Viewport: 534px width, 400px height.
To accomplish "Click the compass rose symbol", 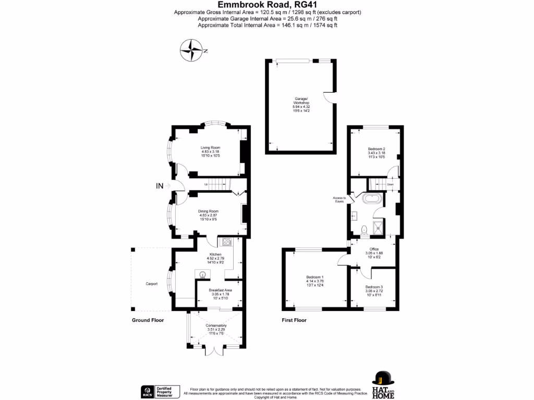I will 192,51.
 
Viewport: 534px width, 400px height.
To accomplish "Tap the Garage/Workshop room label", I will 301,103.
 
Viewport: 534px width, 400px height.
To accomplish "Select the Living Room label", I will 210,152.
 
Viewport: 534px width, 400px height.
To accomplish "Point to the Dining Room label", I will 208,215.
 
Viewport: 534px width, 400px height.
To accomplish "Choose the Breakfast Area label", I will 220,293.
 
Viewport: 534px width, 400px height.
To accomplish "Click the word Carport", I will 151,284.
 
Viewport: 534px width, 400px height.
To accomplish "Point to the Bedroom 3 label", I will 374,290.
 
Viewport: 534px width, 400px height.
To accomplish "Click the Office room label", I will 374,252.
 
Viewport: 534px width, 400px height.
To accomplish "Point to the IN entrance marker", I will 160,186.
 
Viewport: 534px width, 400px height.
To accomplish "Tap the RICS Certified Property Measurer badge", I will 161,392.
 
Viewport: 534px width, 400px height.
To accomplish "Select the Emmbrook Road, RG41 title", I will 267,4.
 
